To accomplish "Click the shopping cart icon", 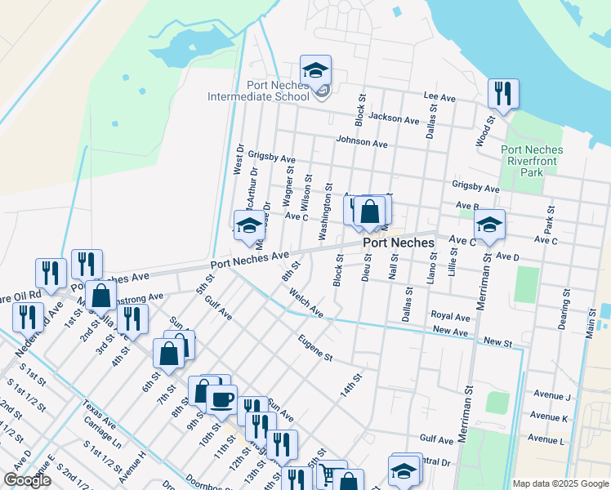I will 328,474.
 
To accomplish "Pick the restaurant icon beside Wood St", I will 503,94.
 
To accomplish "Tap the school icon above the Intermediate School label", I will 315,70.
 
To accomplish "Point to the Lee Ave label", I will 439,96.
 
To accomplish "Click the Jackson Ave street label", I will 394,118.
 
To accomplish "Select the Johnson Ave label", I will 361,141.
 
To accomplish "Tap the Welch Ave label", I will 306,306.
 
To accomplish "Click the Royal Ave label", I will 450,316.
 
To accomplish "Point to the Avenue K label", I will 549,417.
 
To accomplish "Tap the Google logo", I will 28,480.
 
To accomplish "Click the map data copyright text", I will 560,483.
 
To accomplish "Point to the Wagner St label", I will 288,186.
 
